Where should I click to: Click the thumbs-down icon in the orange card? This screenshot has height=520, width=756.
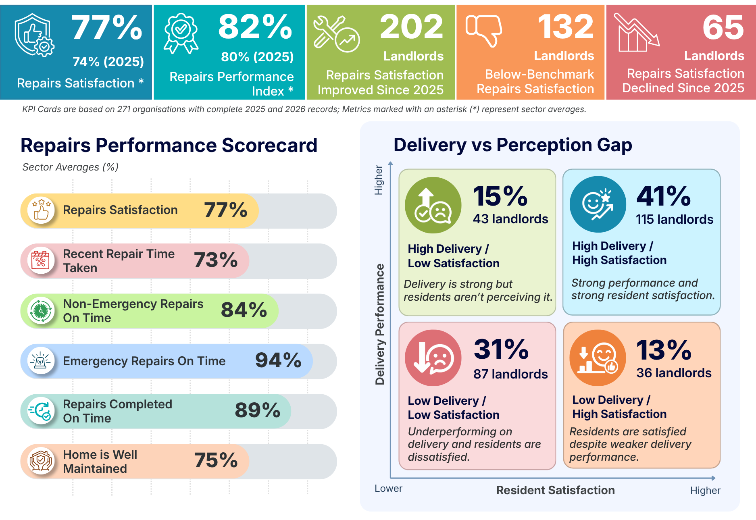[483, 31]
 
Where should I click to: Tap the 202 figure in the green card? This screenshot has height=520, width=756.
[411, 27]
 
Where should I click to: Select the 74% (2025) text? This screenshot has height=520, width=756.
[108, 62]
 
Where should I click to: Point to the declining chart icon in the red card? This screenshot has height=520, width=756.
[637, 32]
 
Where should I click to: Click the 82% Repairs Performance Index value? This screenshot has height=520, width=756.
[255, 27]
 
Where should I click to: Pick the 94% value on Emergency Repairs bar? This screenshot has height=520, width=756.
[278, 360]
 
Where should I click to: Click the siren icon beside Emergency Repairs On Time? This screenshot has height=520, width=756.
[41, 360]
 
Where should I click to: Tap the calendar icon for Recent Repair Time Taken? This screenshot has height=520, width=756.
[41, 260]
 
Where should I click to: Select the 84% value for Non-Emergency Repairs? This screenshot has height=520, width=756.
[244, 310]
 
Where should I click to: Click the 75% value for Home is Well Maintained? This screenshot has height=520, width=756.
[216, 460]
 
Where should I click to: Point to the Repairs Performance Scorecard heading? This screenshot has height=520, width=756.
[169, 145]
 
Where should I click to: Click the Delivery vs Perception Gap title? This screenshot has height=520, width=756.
[513, 145]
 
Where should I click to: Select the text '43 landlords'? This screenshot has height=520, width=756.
[510, 219]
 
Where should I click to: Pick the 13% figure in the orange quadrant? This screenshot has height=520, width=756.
[664, 350]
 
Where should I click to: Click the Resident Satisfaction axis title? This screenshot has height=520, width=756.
[555, 490]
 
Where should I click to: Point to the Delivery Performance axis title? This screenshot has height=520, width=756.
[380, 324]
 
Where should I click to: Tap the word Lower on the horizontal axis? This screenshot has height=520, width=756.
[388, 489]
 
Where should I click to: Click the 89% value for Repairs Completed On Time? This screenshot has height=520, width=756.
[258, 410]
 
